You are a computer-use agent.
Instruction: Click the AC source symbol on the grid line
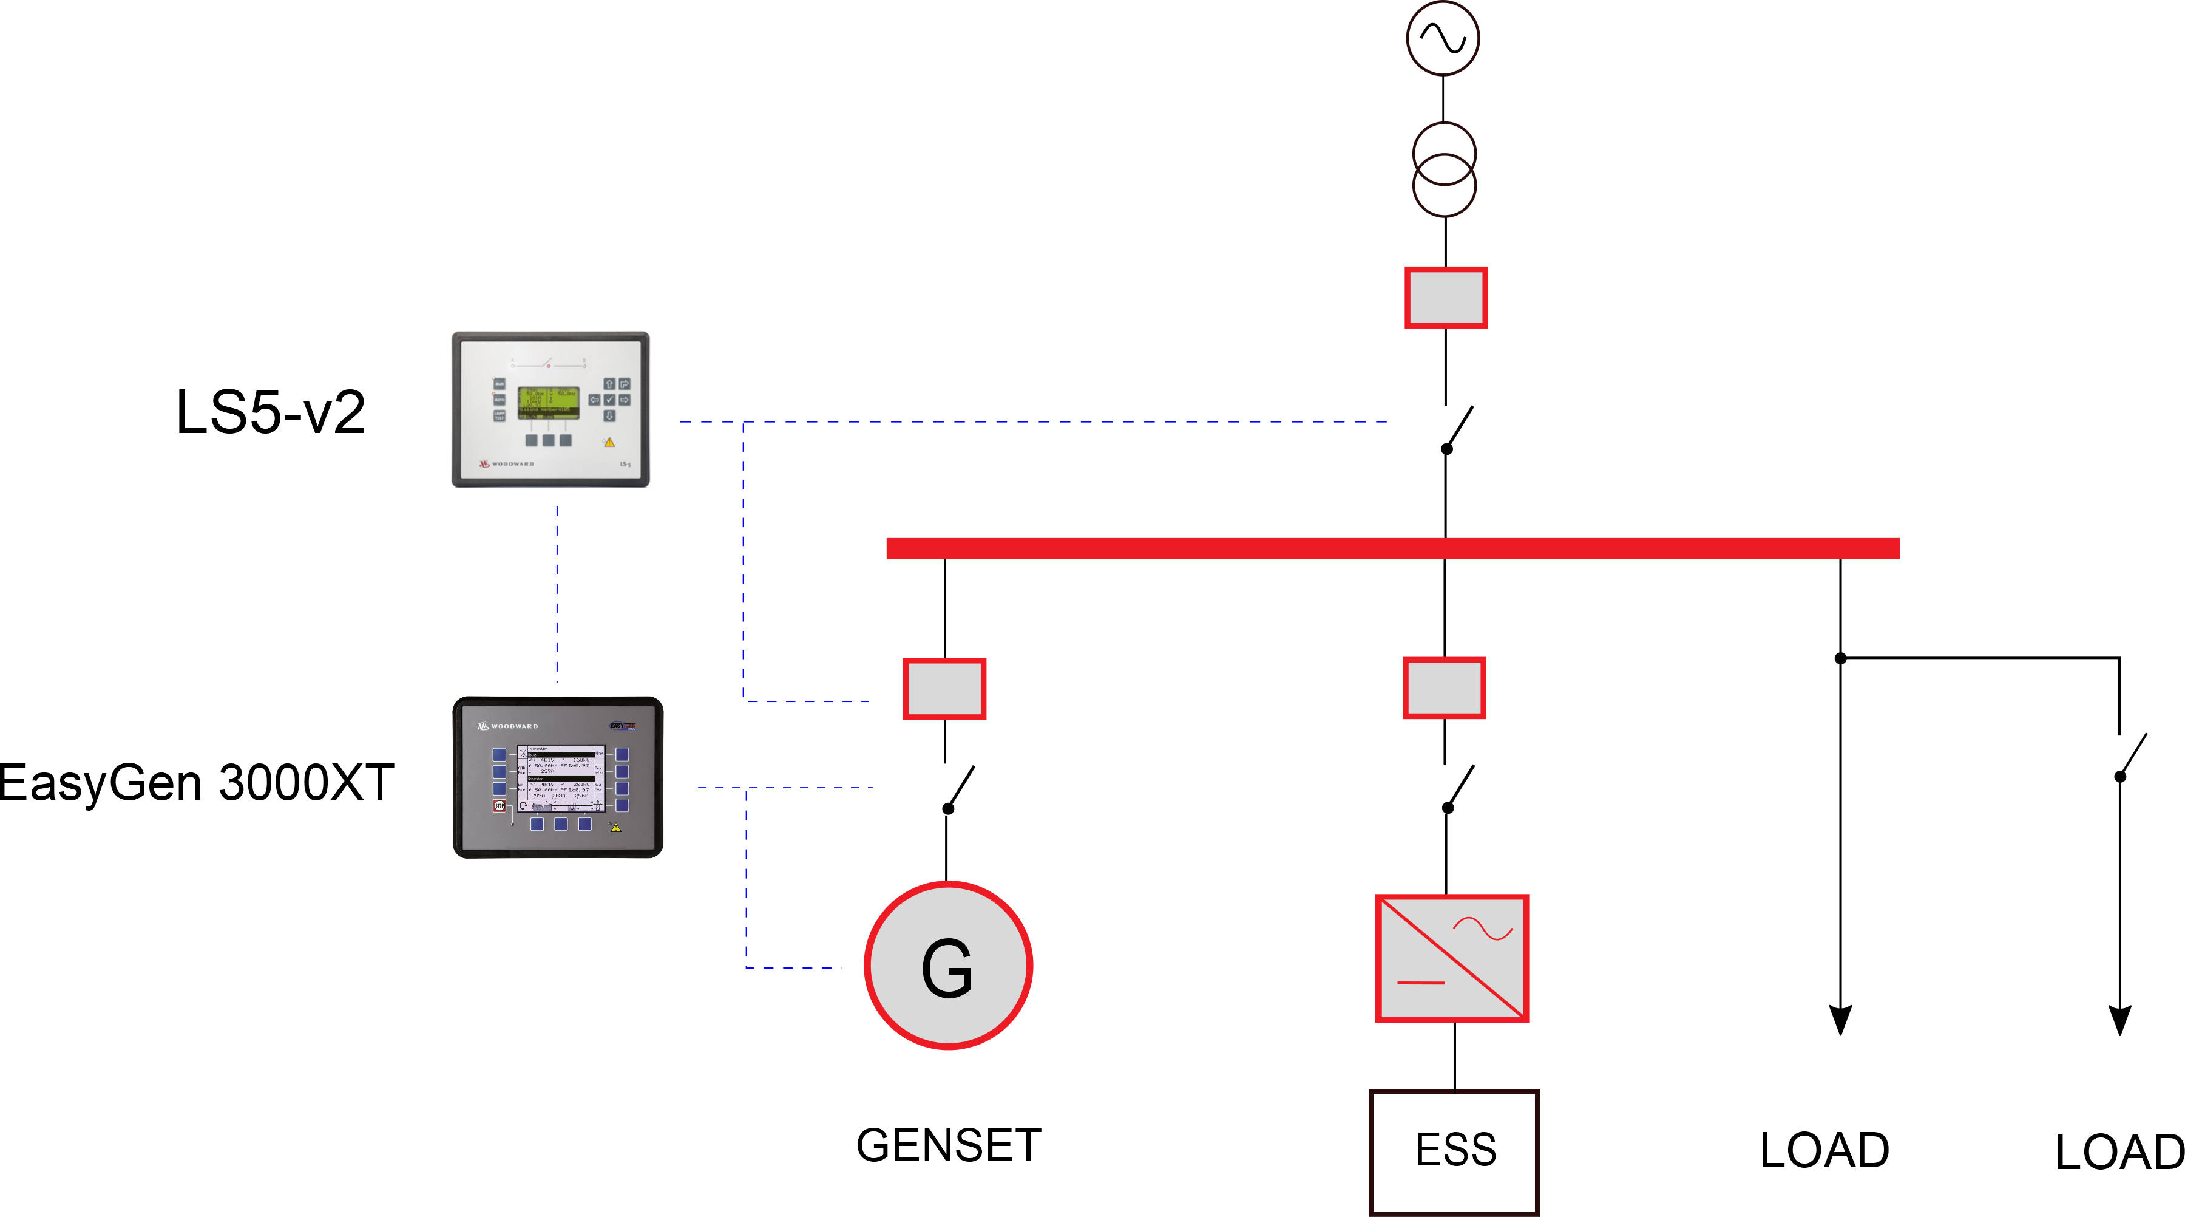tap(1442, 38)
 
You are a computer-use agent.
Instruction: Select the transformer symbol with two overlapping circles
tap(1444, 169)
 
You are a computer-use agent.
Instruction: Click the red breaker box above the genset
tap(944, 688)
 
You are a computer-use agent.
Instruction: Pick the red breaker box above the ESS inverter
tap(1444, 687)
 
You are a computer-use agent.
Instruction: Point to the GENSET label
tap(948, 1146)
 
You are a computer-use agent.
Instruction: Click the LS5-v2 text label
tap(269, 412)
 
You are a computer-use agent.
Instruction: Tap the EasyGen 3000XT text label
tap(197, 782)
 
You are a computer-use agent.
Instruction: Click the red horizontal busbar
tap(1391, 548)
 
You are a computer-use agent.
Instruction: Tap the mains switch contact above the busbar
tap(1458, 429)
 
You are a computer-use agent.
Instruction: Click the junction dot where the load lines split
tap(1840, 658)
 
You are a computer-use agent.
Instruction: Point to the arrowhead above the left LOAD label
tap(1840, 1019)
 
